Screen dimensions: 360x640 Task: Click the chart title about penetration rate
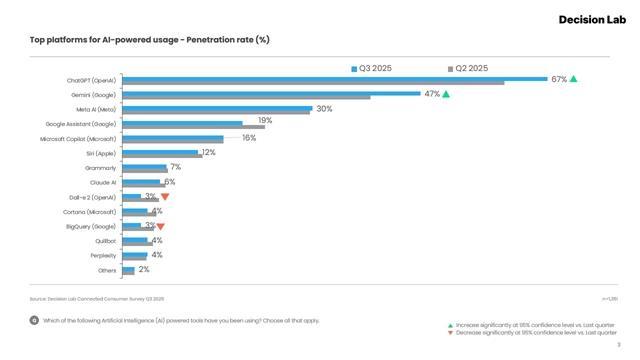(x=150, y=40)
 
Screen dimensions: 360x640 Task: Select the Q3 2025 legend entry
(x=375, y=68)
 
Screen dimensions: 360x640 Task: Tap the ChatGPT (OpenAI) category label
(x=92, y=79)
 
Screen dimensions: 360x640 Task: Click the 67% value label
(x=559, y=79)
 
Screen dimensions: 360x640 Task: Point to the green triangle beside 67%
(x=574, y=79)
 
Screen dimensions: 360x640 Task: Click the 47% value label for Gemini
(x=432, y=94)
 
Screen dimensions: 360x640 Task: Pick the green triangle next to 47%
(x=446, y=94)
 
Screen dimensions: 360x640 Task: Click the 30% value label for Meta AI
(x=324, y=109)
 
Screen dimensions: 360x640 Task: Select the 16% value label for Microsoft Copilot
(x=249, y=138)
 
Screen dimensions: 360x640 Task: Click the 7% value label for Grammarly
(x=175, y=168)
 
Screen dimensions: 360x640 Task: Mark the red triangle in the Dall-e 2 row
(x=165, y=197)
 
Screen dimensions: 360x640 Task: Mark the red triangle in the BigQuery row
(x=160, y=227)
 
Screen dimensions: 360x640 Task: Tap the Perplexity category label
(x=103, y=256)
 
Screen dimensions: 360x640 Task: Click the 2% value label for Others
(x=144, y=270)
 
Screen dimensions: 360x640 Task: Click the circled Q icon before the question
(x=34, y=320)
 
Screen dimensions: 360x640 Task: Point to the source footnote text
(x=97, y=299)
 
